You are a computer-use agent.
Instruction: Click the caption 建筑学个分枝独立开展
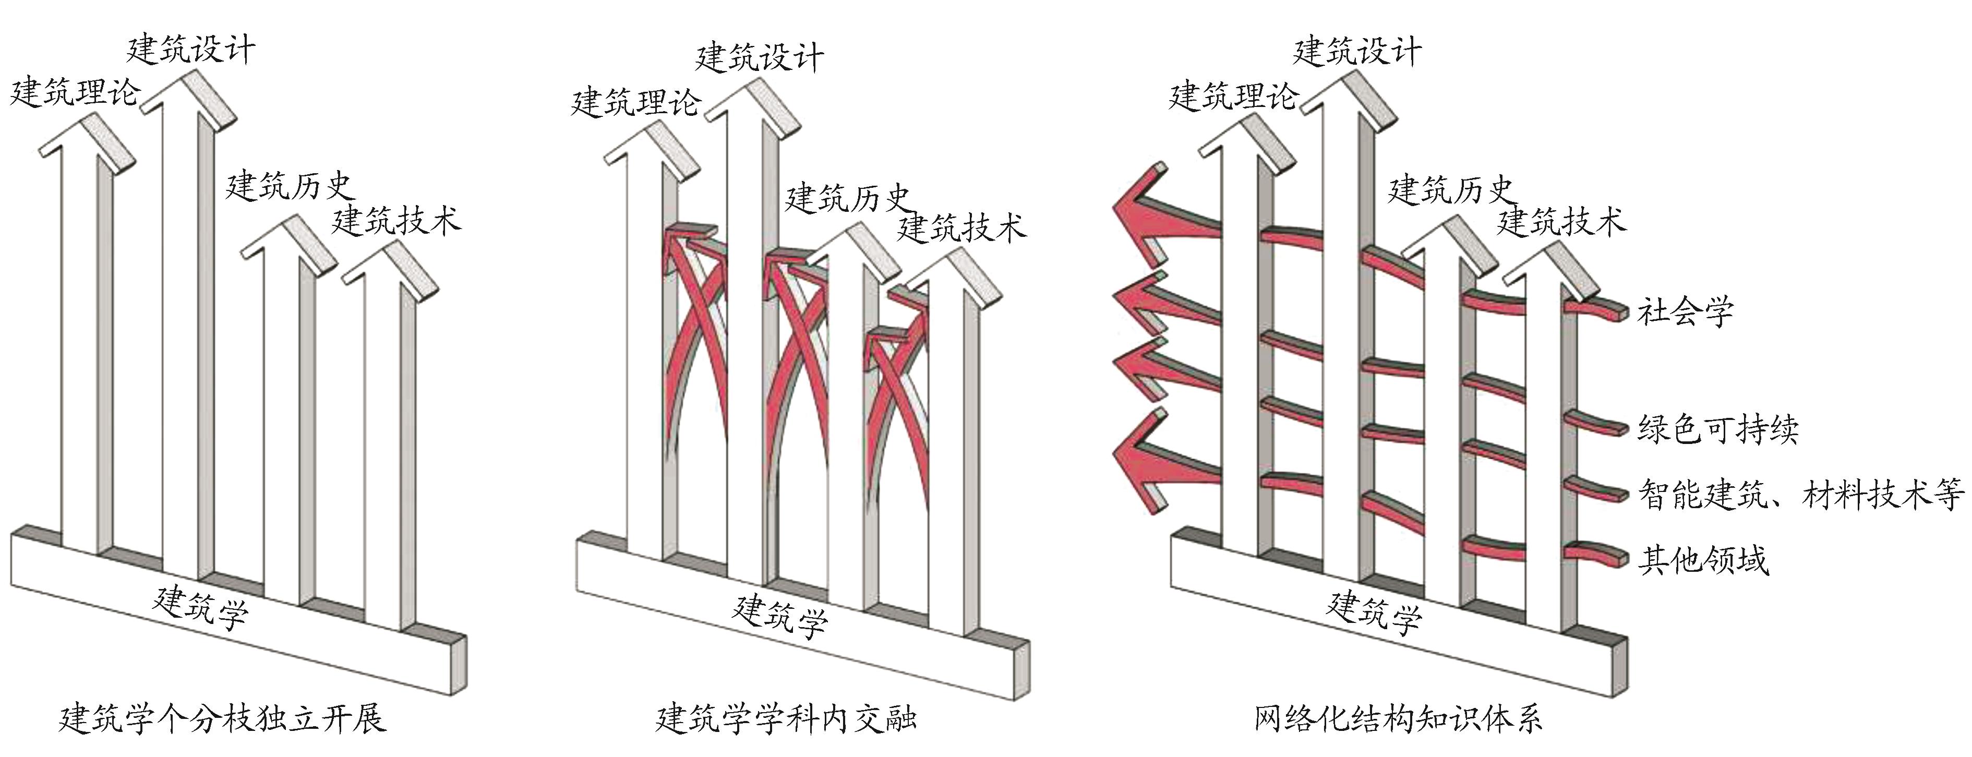pyautogui.click(x=223, y=719)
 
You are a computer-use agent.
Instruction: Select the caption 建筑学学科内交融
pyautogui.click(x=786, y=719)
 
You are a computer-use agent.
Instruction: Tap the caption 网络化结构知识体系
pyautogui.click(x=1398, y=719)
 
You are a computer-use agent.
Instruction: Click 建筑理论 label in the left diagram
pyautogui.click(x=74, y=93)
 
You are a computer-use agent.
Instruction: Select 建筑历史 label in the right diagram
pyautogui.click(x=1451, y=190)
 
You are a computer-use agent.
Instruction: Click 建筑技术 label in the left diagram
pyautogui.click(x=396, y=221)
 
